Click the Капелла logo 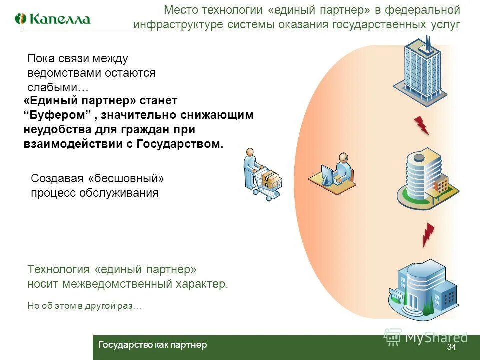pyautogui.click(x=53, y=19)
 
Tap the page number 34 pyautogui.click(x=451, y=347)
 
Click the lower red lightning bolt pyautogui.click(x=428, y=234)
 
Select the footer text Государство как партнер pyautogui.click(x=152, y=345)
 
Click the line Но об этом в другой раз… pyautogui.click(x=84, y=306)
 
